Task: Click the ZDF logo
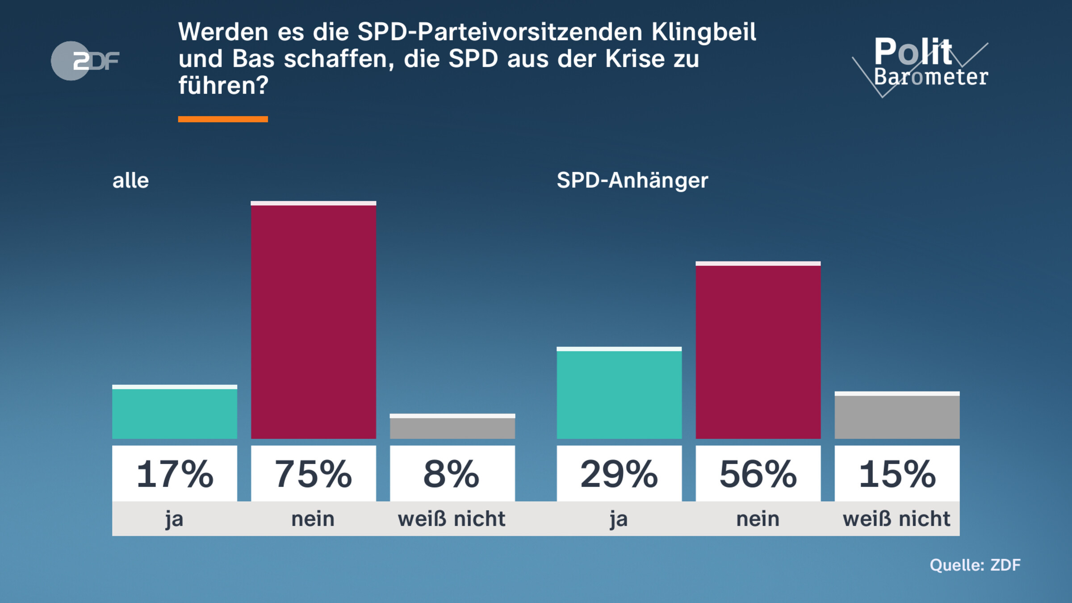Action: pyautogui.click(x=85, y=61)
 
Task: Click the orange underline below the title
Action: pyautogui.click(x=223, y=119)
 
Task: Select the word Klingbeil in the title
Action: pyautogui.click(x=703, y=32)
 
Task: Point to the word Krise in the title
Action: pyautogui.click(x=635, y=59)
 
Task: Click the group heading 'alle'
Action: pyautogui.click(x=130, y=181)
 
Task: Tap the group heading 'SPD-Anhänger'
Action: pyautogui.click(x=632, y=181)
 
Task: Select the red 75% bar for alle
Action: pyautogui.click(x=313, y=322)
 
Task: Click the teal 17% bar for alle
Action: pyautogui.click(x=175, y=413)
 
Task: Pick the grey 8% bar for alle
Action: pyautogui.click(x=452, y=427)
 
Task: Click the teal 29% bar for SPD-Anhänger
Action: pyautogui.click(x=619, y=394)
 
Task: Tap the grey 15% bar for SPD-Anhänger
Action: pyautogui.click(x=897, y=416)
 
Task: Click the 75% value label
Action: pyautogui.click(x=313, y=474)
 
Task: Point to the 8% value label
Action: pyautogui.click(x=452, y=474)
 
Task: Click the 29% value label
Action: pyautogui.click(x=619, y=474)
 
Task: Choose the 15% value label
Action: pyautogui.click(x=897, y=474)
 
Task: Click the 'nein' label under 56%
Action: pyautogui.click(x=758, y=519)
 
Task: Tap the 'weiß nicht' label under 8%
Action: pyautogui.click(x=452, y=519)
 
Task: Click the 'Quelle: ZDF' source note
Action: pyautogui.click(x=975, y=565)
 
